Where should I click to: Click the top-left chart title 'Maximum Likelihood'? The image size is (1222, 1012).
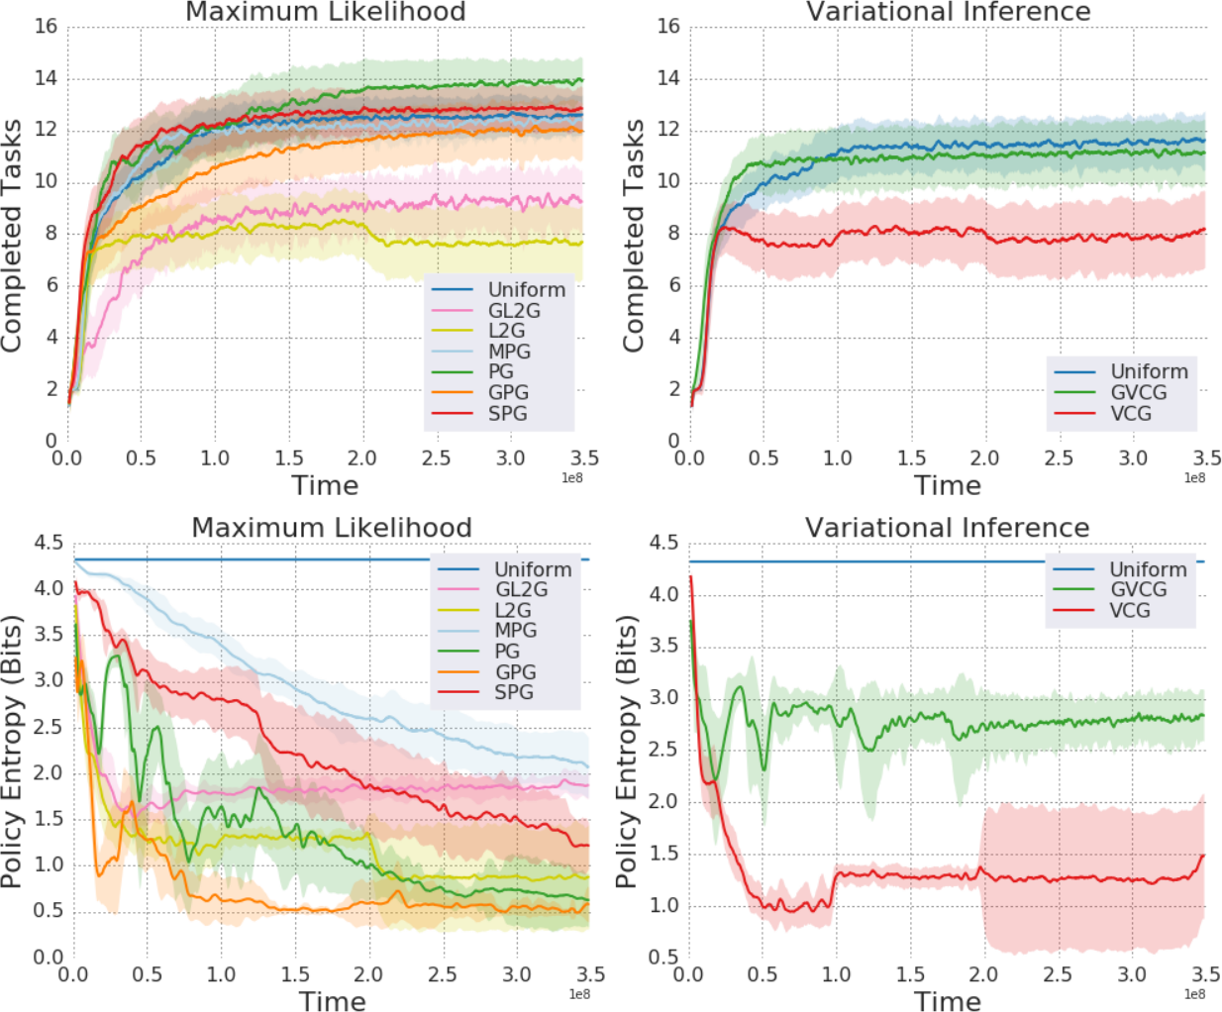click(x=325, y=12)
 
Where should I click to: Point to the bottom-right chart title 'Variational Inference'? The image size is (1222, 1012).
click(x=947, y=528)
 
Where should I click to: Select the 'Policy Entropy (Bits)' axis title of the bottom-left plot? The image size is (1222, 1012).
click(x=12, y=752)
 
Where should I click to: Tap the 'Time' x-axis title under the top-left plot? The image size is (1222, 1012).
click(x=325, y=486)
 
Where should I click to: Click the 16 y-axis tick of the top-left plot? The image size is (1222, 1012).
click(x=46, y=26)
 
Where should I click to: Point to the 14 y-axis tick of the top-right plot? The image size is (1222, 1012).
click(x=668, y=78)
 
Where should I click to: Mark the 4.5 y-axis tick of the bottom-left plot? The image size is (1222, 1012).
click(x=49, y=543)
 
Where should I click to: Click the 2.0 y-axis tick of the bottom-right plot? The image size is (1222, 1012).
click(x=663, y=801)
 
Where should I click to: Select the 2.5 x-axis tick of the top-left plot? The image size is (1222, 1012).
click(x=436, y=458)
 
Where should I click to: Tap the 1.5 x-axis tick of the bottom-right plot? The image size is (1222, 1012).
click(x=910, y=974)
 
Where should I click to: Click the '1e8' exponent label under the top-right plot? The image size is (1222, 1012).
click(x=1195, y=478)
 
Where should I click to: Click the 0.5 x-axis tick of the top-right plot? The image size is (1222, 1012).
click(x=763, y=458)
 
